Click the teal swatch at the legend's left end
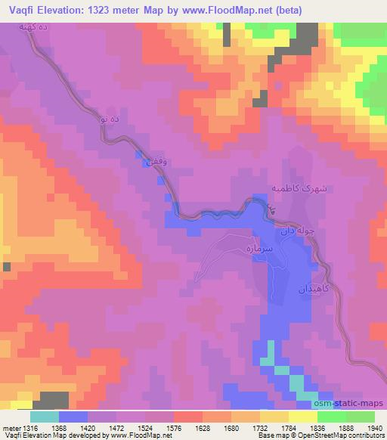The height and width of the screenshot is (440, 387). coord(44,417)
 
